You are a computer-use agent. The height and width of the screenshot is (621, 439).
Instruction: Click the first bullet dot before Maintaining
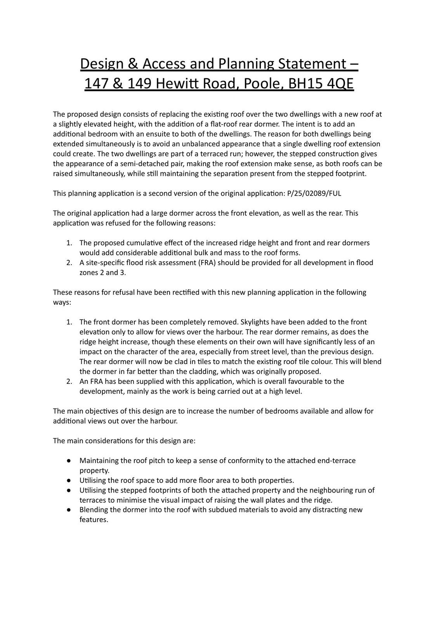click(x=69, y=461)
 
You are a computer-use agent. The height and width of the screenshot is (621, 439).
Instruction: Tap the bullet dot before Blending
click(x=69, y=510)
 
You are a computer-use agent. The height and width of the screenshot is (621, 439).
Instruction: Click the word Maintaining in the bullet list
click(x=99, y=461)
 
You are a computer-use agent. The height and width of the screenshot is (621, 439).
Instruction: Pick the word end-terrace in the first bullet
click(x=336, y=461)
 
